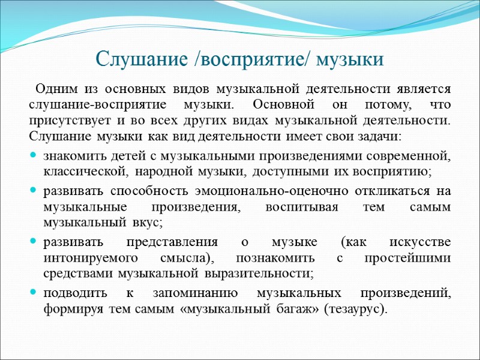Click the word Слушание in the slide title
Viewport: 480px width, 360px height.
(x=134, y=60)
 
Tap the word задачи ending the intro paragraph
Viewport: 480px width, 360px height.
(x=382, y=136)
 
